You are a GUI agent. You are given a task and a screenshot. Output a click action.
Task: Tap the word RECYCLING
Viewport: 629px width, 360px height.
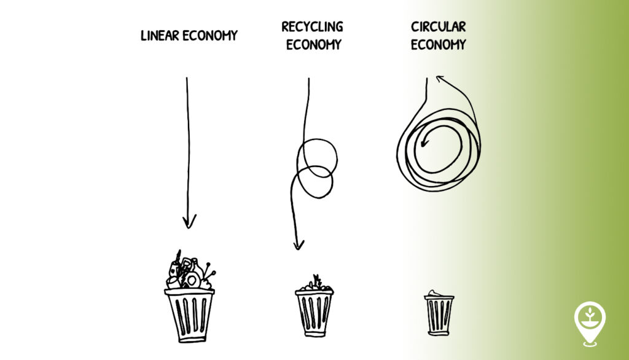click(312, 27)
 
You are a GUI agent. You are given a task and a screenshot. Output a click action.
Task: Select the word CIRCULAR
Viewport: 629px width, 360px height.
click(438, 27)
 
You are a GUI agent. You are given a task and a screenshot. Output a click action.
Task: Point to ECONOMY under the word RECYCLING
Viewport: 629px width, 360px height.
click(313, 45)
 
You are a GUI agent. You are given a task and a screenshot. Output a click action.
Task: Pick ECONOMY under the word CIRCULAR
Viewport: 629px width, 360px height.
click(438, 45)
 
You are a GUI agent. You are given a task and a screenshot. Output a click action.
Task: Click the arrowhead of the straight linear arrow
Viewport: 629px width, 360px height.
click(189, 222)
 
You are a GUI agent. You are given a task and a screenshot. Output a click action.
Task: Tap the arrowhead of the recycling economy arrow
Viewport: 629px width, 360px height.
click(299, 244)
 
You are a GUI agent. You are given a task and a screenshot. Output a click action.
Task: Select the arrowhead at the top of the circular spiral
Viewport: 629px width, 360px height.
click(439, 78)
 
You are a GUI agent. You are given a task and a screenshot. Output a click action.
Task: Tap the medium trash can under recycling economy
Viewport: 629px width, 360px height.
click(314, 312)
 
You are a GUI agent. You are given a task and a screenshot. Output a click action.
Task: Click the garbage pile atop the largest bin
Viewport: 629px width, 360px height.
click(189, 273)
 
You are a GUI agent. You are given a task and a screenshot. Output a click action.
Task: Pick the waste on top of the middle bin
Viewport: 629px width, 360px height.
click(314, 284)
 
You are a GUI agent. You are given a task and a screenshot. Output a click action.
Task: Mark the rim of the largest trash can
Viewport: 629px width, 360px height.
click(189, 292)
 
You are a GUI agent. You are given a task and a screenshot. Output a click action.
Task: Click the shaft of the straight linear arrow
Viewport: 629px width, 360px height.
click(187, 147)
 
